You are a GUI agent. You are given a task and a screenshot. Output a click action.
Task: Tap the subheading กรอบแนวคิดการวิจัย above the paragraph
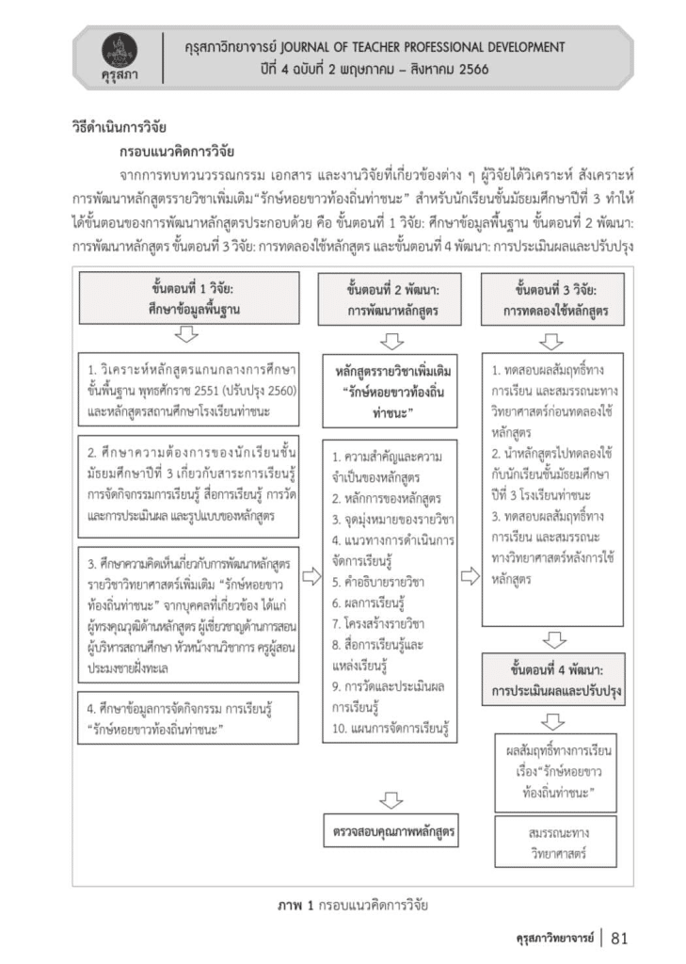tap(176, 151)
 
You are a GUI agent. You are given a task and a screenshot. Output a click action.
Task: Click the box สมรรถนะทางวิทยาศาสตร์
tap(555, 842)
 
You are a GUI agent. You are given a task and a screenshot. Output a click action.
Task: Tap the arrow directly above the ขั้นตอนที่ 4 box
tap(554, 640)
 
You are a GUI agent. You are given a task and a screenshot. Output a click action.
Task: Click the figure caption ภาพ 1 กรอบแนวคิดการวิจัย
tap(353, 906)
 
